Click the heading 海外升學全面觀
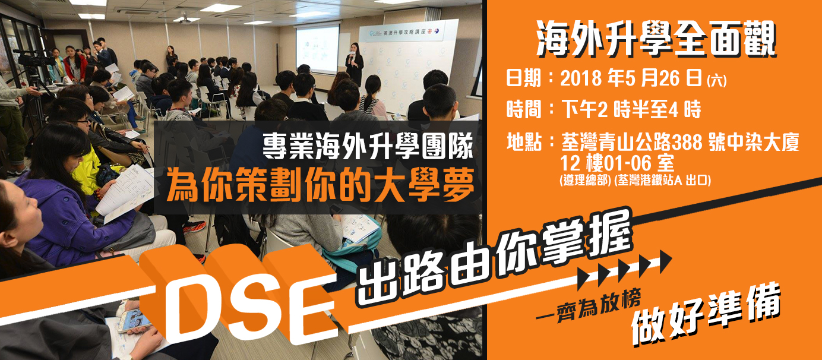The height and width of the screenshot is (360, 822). coord(656,39)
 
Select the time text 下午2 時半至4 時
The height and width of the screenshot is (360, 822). coord(631,109)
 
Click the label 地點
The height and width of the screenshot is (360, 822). coord(524,142)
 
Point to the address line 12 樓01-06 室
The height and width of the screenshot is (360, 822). coord(617,163)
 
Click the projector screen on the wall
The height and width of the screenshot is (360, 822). coord(317,49)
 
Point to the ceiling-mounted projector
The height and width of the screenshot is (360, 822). coord(184,20)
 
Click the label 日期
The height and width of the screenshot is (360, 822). coord(524,78)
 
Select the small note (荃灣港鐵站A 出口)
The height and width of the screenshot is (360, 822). coord(662,180)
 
